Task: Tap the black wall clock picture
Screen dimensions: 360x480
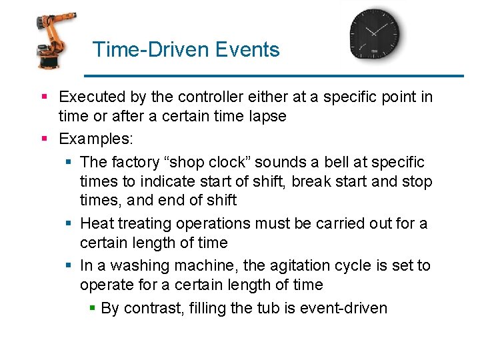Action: coord(375,34)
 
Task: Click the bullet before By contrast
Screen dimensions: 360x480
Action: coord(93,309)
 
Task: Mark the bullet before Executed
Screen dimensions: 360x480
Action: coord(45,98)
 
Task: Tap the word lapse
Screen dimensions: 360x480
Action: coord(267,116)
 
